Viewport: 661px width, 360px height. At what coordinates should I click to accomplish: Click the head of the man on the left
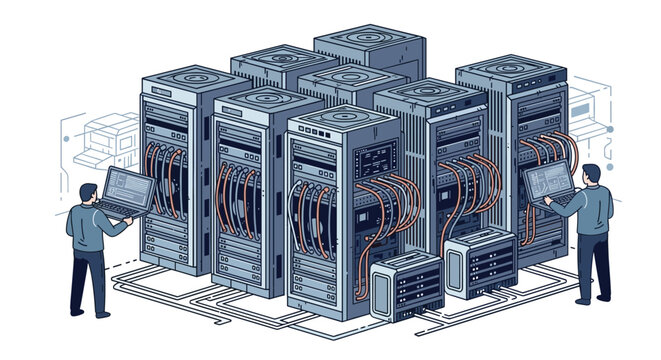click(x=86, y=196)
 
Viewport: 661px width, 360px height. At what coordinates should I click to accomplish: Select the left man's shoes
click(x=91, y=311)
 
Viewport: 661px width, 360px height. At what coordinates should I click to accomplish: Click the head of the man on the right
click(x=589, y=176)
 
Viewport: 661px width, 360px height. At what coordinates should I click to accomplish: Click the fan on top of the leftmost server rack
click(x=180, y=78)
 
